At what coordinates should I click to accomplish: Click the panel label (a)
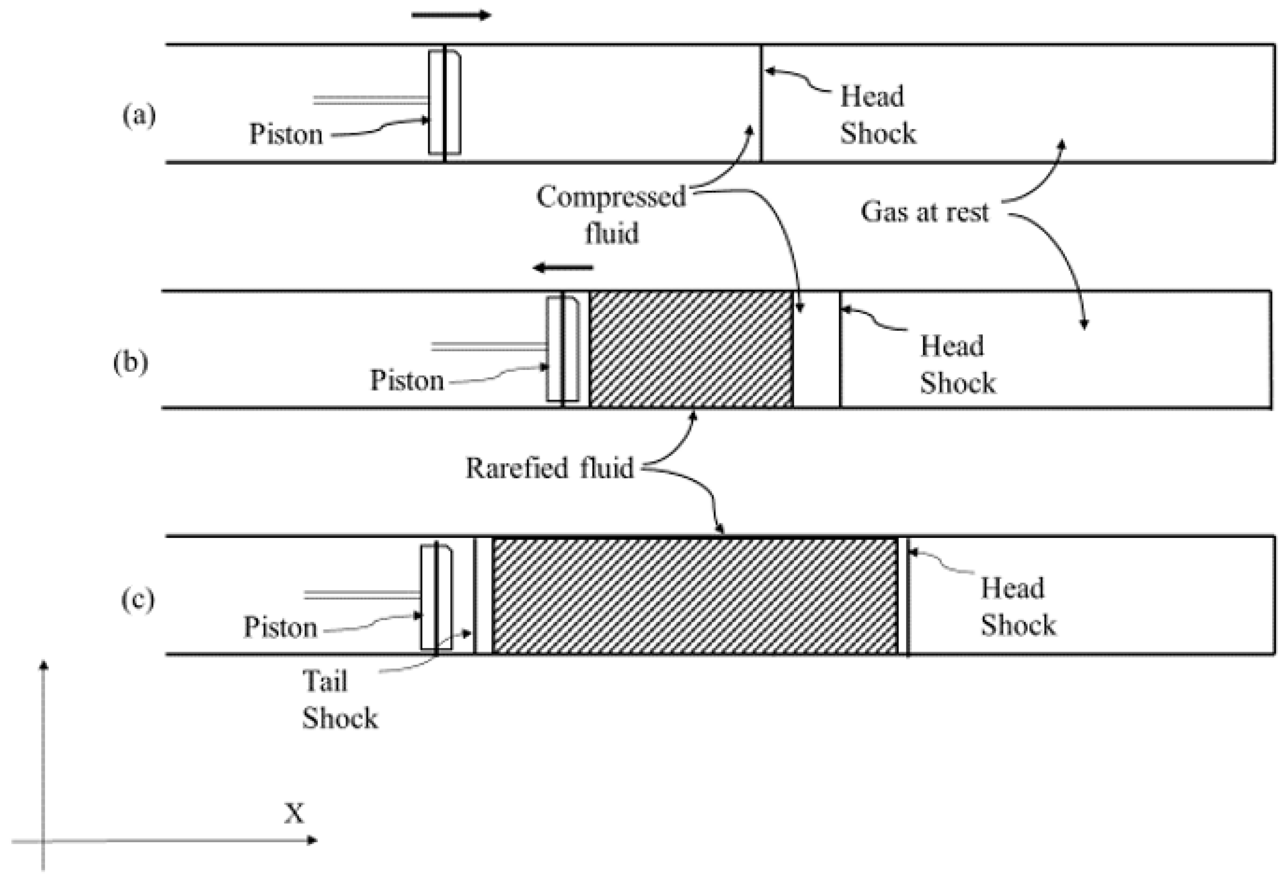[x=138, y=117]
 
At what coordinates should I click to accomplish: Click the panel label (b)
[x=131, y=364]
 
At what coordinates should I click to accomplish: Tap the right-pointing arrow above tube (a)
[x=451, y=15]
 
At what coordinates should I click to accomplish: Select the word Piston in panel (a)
[x=286, y=134]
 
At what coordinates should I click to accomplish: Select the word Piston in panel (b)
[x=407, y=381]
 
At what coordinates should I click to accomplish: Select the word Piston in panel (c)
[x=280, y=627]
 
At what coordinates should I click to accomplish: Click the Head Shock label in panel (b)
[x=957, y=364]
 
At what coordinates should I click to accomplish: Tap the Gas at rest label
[x=924, y=212]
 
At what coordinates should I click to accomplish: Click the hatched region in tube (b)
[x=691, y=350]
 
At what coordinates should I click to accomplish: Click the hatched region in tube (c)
[x=694, y=596]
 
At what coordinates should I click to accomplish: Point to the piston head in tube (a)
[x=445, y=103]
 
